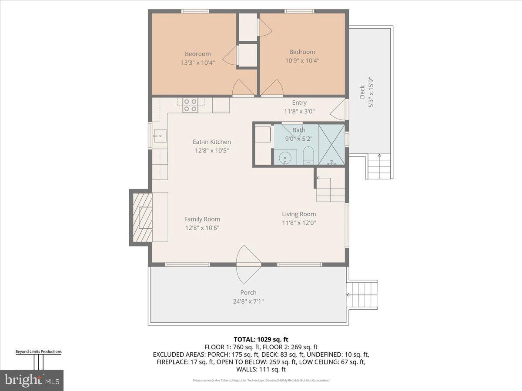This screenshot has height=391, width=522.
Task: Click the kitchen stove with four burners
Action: pyautogui.click(x=190, y=105)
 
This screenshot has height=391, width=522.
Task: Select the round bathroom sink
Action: pyautogui.click(x=285, y=157)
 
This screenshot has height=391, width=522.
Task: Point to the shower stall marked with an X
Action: pyautogui.click(x=331, y=144)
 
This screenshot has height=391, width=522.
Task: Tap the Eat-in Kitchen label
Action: pyautogui.click(x=212, y=142)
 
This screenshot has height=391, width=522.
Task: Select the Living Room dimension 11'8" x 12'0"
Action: pyautogui.click(x=299, y=223)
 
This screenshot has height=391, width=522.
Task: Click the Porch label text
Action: pyautogui.click(x=248, y=292)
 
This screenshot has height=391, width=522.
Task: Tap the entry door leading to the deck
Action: pyautogui.click(x=339, y=110)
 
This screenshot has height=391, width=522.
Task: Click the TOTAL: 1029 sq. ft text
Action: pyautogui.click(x=261, y=339)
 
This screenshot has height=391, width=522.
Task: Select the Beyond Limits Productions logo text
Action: pyautogui.click(x=38, y=351)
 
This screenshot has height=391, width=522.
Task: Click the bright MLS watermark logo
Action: pyautogui.click(x=32, y=380)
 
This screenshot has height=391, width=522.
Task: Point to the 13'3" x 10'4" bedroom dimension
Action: pyautogui.click(x=198, y=62)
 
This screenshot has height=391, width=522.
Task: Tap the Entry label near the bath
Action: pyautogui.click(x=299, y=103)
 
